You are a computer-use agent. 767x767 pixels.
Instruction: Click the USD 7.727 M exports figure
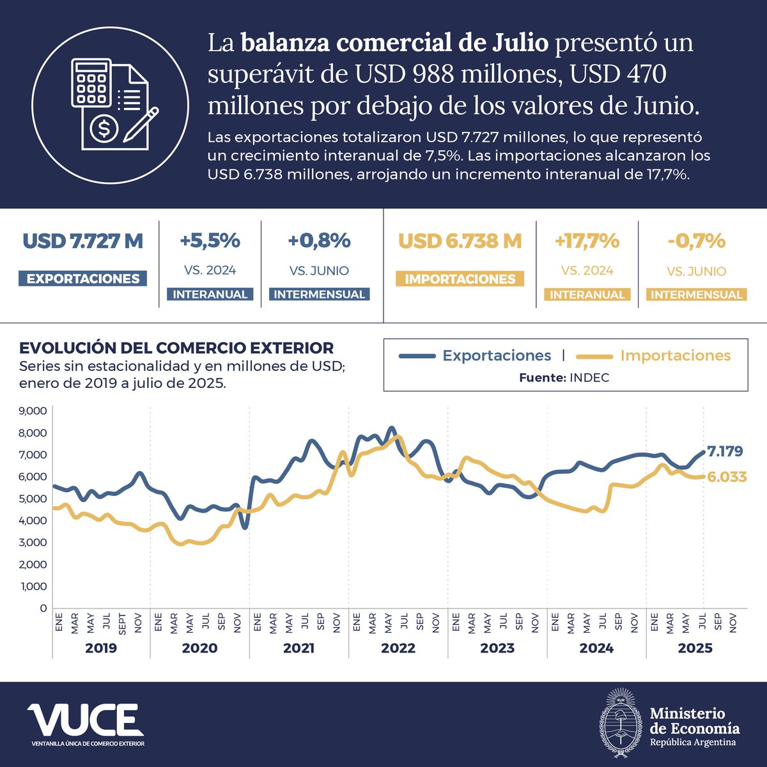click(83, 242)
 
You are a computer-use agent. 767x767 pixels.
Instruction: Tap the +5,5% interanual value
click(210, 241)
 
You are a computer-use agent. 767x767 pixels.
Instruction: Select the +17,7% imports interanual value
click(587, 241)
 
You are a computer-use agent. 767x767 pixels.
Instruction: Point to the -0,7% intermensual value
click(696, 241)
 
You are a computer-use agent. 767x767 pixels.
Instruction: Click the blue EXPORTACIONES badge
click(83, 279)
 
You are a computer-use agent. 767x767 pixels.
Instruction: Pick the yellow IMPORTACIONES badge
click(460, 279)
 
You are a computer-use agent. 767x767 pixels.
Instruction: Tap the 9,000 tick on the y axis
click(33, 411)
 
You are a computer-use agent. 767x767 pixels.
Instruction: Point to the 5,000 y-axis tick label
click(33, 499)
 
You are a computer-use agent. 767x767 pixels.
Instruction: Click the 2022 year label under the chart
click(398, 648)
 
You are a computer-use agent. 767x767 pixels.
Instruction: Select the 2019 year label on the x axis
click(101, 648)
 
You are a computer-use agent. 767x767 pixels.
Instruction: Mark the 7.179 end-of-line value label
click(725, 452)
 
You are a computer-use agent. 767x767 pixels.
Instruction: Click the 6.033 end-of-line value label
click(727, 477)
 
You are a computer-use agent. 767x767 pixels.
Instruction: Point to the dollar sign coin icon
click(104, 129)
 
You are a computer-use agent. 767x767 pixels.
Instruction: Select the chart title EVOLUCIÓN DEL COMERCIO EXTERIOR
click(176, 348)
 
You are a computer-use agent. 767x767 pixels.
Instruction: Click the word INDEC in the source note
click(589, 378)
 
